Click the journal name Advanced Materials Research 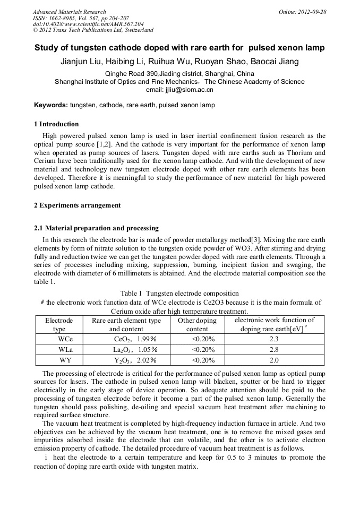(69, 12)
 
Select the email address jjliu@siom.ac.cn (179, 90)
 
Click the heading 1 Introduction (56, 124)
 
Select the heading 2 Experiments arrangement (78, 205)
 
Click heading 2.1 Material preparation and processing (96, 228)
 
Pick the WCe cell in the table (66, 339)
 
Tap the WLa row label (66, 349)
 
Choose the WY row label (66, 360)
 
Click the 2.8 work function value (274, 349)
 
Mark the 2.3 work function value (274, 339)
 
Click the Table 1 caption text (179, 294)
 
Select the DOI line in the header (88, 24)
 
